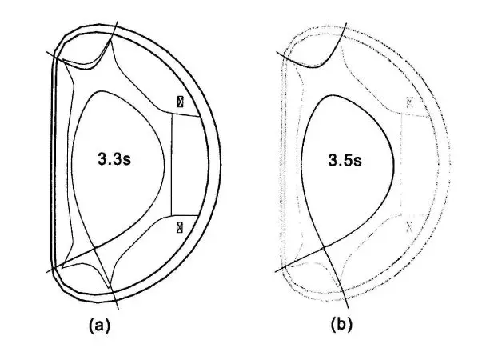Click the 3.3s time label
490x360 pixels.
click(x=113, y=159)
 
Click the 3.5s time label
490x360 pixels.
click(x=345, y=159)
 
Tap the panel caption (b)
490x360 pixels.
click(x=339, y=325)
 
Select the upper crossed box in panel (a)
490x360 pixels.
click(x=181, y=102)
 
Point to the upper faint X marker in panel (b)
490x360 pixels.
click(x=410, y=102)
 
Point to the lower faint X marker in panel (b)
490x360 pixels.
click(x=410, y=227)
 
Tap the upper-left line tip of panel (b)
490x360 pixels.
click(x=277, y=54)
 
